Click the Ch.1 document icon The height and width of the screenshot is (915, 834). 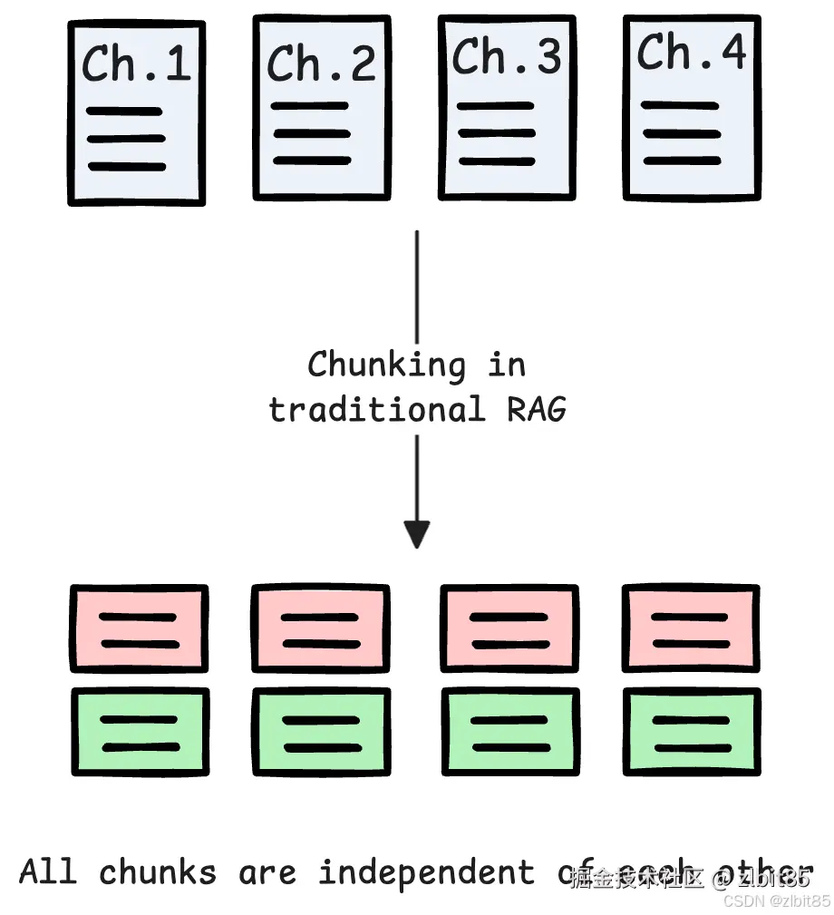click(137, 113)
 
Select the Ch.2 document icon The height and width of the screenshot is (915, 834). click(322, 107)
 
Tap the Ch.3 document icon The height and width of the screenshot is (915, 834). click(507, 107)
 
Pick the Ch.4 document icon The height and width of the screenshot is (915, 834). click(692, 107)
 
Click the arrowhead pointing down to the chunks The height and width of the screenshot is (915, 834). click(416, 534)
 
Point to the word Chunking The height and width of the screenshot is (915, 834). click(386, 365)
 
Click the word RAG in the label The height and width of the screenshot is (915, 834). click(536, 409)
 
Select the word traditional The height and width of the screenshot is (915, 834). click(376, 409)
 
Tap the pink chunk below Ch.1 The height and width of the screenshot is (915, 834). click(139, 630)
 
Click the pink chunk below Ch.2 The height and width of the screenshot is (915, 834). click(321, 630)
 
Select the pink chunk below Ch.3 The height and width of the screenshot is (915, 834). click(509, 630)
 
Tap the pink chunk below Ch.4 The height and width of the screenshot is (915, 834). click(691, 630)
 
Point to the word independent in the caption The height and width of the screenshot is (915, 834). click(426, 872)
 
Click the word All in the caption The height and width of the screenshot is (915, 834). click(48, 871)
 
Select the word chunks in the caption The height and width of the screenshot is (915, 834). click(158, 872)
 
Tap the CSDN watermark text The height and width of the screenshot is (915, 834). click(777, 901)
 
